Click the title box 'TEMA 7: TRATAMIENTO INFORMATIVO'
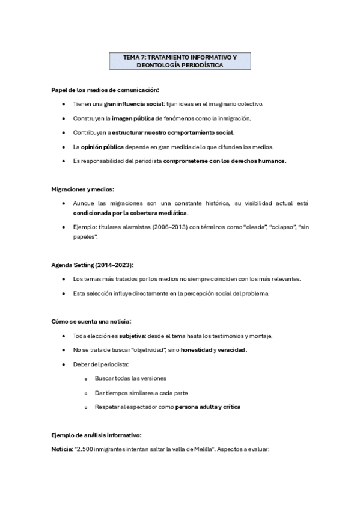(x=180, y=61)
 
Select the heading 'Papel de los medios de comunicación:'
(x=105, y=90)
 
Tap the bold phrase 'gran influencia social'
(x=129, y=104)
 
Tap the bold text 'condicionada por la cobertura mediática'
(x=130, y=213)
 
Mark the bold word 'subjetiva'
(x=133, y=336)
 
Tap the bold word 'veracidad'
(x=230, y=350)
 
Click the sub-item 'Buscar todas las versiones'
(x=130, y=378)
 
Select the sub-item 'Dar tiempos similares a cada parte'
(x=141, y=393)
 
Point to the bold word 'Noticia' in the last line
(x=61, y=449)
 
